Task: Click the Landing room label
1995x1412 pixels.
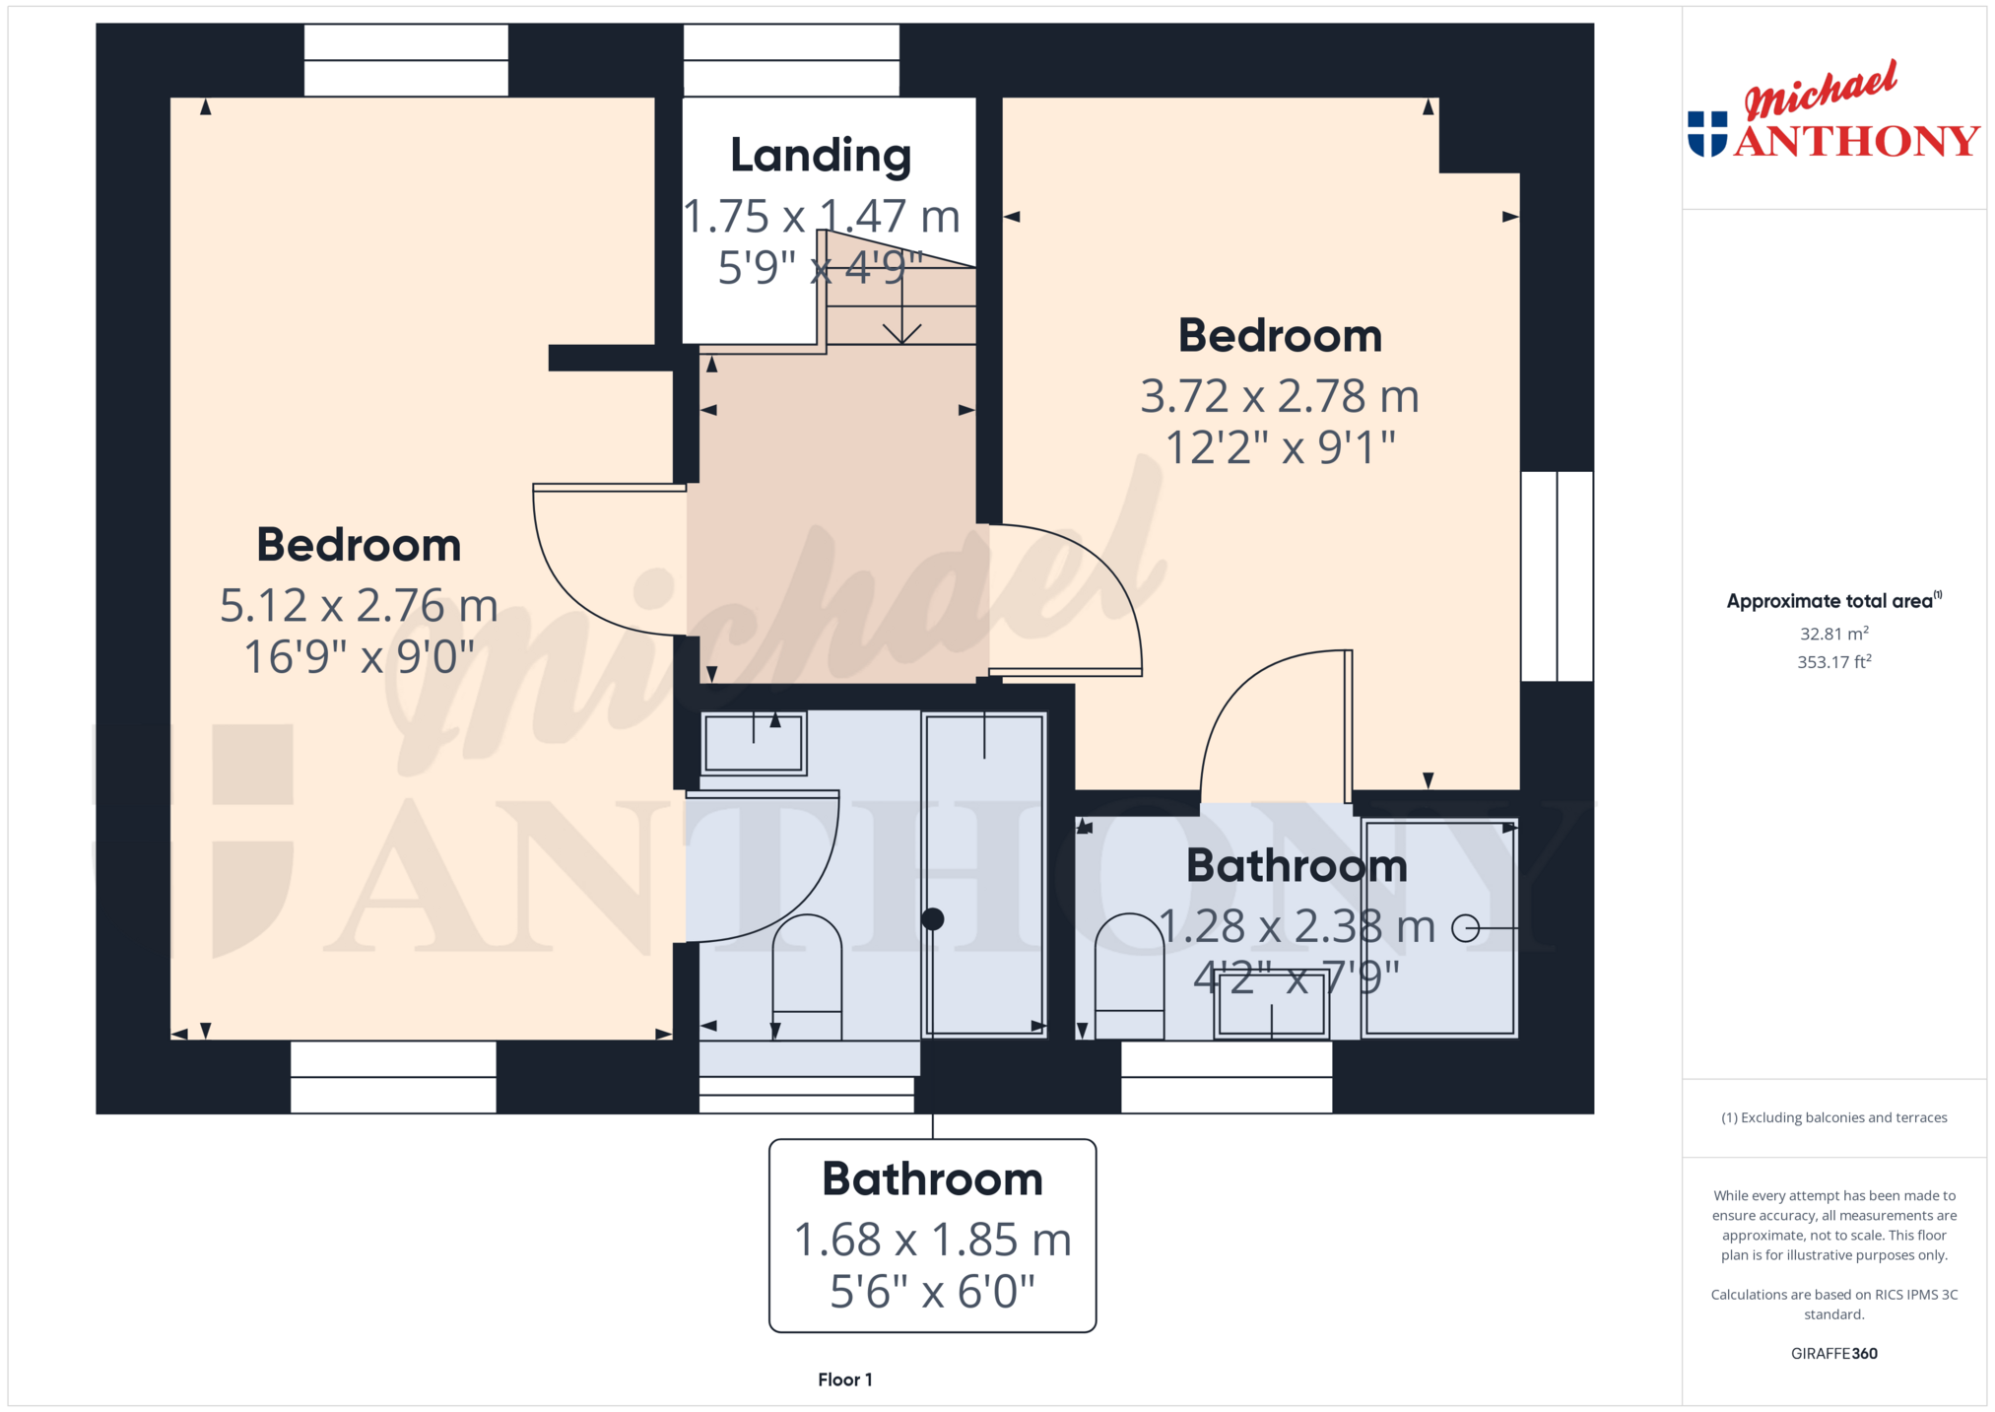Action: tap(821, 157)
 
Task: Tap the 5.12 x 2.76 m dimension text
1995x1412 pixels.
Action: tap(359, 605)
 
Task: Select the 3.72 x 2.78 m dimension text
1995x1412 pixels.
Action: tap(1280, 396)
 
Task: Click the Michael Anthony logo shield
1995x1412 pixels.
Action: tap(1707, 134)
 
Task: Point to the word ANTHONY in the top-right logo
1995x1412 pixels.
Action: tap(1857, 141)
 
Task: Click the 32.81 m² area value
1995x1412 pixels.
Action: tap(1833, 634)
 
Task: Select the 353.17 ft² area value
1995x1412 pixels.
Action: tap(1833, 662)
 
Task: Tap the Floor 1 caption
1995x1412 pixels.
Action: tap(844, 1379)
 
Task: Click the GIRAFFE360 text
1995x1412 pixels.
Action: tap(1833, 1353)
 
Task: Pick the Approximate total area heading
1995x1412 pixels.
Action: tap(1833, 600)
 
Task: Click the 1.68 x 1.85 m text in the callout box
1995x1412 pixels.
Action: tap(932, 1240)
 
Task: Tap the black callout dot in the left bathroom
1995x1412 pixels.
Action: tap(932, 919)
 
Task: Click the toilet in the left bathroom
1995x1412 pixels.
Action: tap(807, 976)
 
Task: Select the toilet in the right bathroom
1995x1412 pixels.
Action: tap(1129, 975)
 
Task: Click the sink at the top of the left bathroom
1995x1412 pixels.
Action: tap(754, 743)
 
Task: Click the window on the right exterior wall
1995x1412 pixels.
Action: tap(1557, 576)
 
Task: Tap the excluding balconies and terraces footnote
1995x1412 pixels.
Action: tap(1833, 1117)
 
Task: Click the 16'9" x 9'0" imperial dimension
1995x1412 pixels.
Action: tap(359, 657)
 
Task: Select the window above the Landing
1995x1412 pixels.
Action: tap(791, 60)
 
